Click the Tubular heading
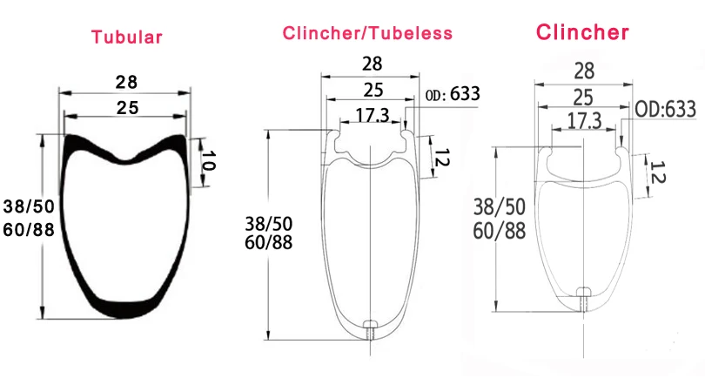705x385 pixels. [127, 37]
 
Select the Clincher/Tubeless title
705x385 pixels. [367, 33]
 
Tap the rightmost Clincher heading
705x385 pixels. [582, 32]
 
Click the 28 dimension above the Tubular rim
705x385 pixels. [126, 82]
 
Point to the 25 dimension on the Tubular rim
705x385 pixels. [127, 108]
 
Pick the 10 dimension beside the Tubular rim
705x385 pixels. [208, 160]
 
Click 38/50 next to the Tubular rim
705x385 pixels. [29, 206]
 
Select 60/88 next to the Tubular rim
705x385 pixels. [29, 229]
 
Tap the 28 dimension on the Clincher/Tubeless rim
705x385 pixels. [373, 64]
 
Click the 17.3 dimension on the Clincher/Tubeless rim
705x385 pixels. [373, 116]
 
